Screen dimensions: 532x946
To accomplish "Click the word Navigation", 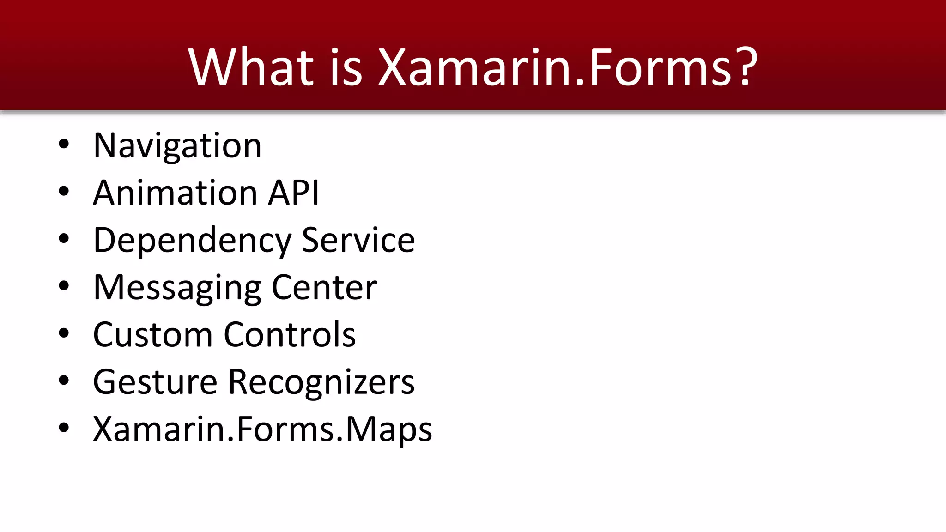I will pyautogui.click(x=177, y=146).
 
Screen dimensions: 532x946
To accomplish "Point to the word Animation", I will pyautogui.click(x=175, y=193).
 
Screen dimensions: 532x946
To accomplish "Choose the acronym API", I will pyautogui.click(x=294, y=193).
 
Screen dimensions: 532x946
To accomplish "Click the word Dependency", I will pyautogui.click(x=192, y=241).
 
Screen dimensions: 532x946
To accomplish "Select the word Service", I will pyautogui.click(x=358, y=241).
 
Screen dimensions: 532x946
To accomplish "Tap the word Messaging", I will pyautogui.click(x=177, y=288).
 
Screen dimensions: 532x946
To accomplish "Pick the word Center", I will pyautogui.click(x=324, y=288).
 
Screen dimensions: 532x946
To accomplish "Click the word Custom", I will pyautogui.click(x=152, y=334).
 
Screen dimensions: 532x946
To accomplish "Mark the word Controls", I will pyautogui.click(x=290, y=334).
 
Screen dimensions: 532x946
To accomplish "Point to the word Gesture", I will pyautogui.click(x=155, y=382).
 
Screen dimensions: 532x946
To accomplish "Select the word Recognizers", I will pyautogui.click(x=321, y=382).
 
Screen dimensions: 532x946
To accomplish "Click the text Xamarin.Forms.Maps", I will pyautogui.click(x=262, y=429).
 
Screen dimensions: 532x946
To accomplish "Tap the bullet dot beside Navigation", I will pyautogui.click(x=64, y=144).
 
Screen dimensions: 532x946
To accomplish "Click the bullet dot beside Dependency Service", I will pyautogui.click(x=64, y=239).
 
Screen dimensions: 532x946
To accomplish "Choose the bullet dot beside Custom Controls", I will pyautogui.click(x=64, y=333).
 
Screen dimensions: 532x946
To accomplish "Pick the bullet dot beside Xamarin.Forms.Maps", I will pyautogui.click(x=64, y=428).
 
